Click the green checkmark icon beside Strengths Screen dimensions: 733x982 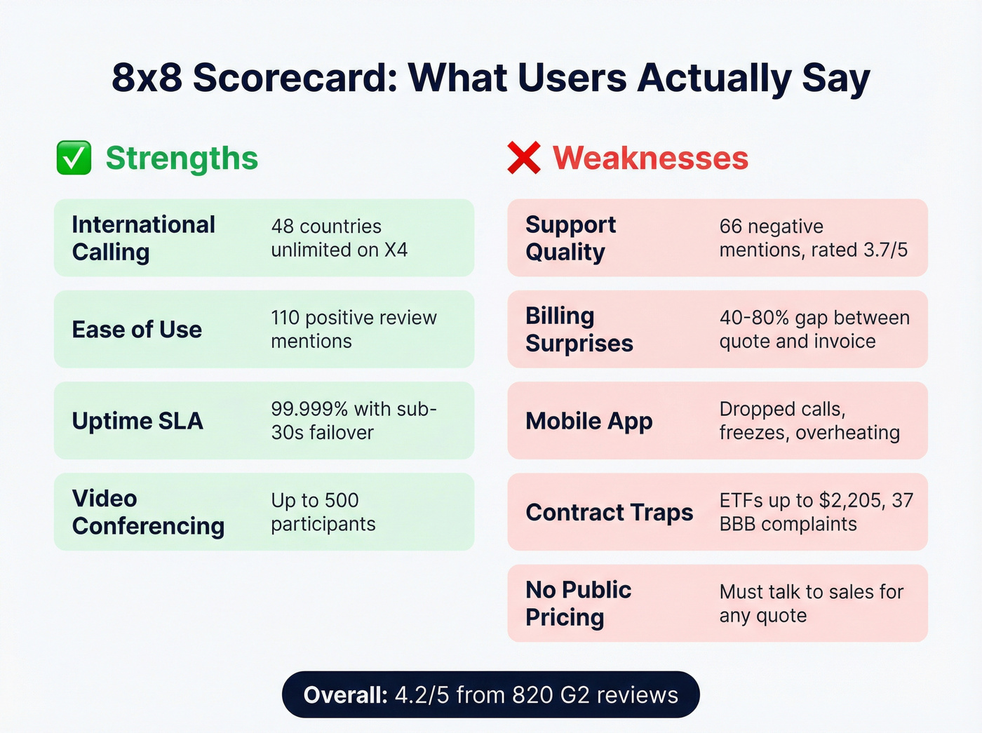coord(74,158)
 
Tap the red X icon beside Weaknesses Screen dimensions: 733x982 coord(524,158)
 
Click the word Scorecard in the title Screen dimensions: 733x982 coord(295,77)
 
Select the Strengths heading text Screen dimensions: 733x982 coord(182,158)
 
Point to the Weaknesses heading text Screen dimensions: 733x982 coord(650,158)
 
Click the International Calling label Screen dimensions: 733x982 coord(143,238)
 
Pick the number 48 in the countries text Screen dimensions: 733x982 coord(282,227)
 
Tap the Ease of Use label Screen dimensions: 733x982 coord(137,330)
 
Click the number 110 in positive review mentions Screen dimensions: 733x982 coord(285,318)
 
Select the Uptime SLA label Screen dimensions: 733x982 coord(137,421)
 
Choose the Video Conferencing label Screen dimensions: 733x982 coord(148,512)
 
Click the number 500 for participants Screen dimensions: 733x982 coord(342,501)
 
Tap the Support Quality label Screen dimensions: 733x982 coord(570,238)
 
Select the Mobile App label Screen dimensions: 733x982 coord(588,421)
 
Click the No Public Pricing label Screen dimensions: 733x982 coord(578,603)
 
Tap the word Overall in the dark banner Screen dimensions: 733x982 coord(345,695)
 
